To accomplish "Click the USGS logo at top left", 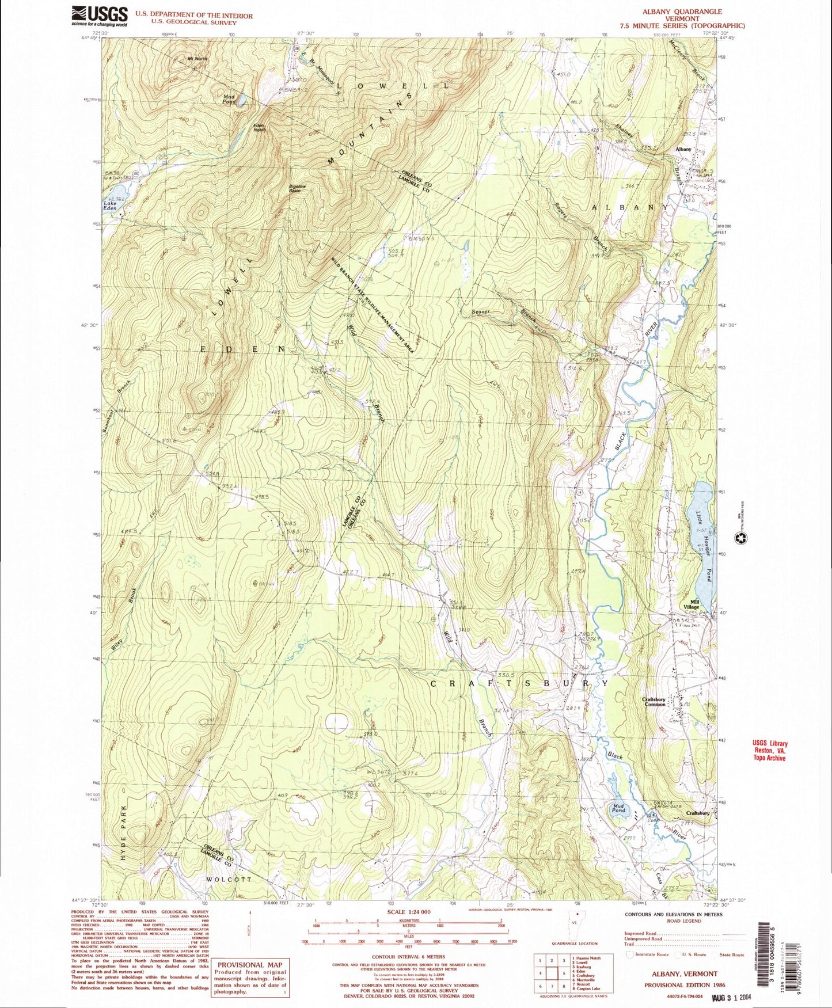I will coord(99,16).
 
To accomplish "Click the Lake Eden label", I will coord(110,206).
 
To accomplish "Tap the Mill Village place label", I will coord(691,604).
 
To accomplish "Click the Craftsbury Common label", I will coord(654,702).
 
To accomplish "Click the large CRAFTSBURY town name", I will coord(519,683).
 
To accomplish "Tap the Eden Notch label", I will coord(260,128).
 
